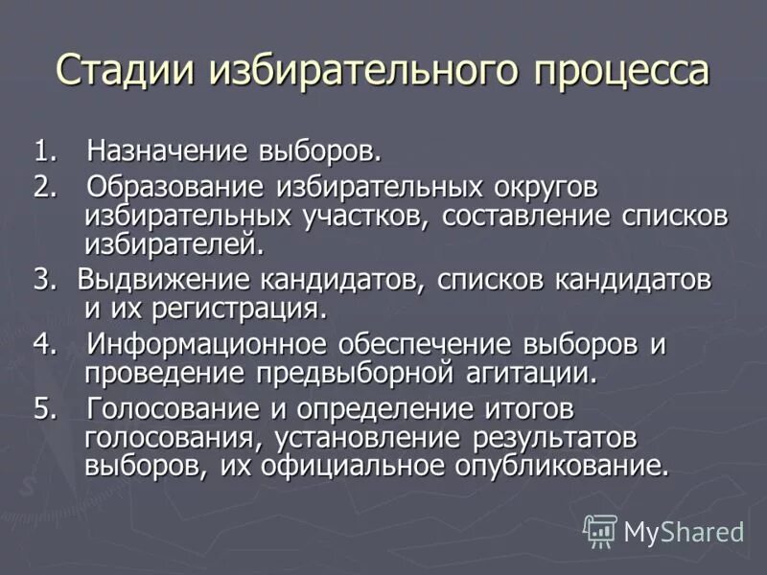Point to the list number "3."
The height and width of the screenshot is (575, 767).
point(45,280)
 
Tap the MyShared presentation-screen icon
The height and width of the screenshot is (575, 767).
point(600,530)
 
